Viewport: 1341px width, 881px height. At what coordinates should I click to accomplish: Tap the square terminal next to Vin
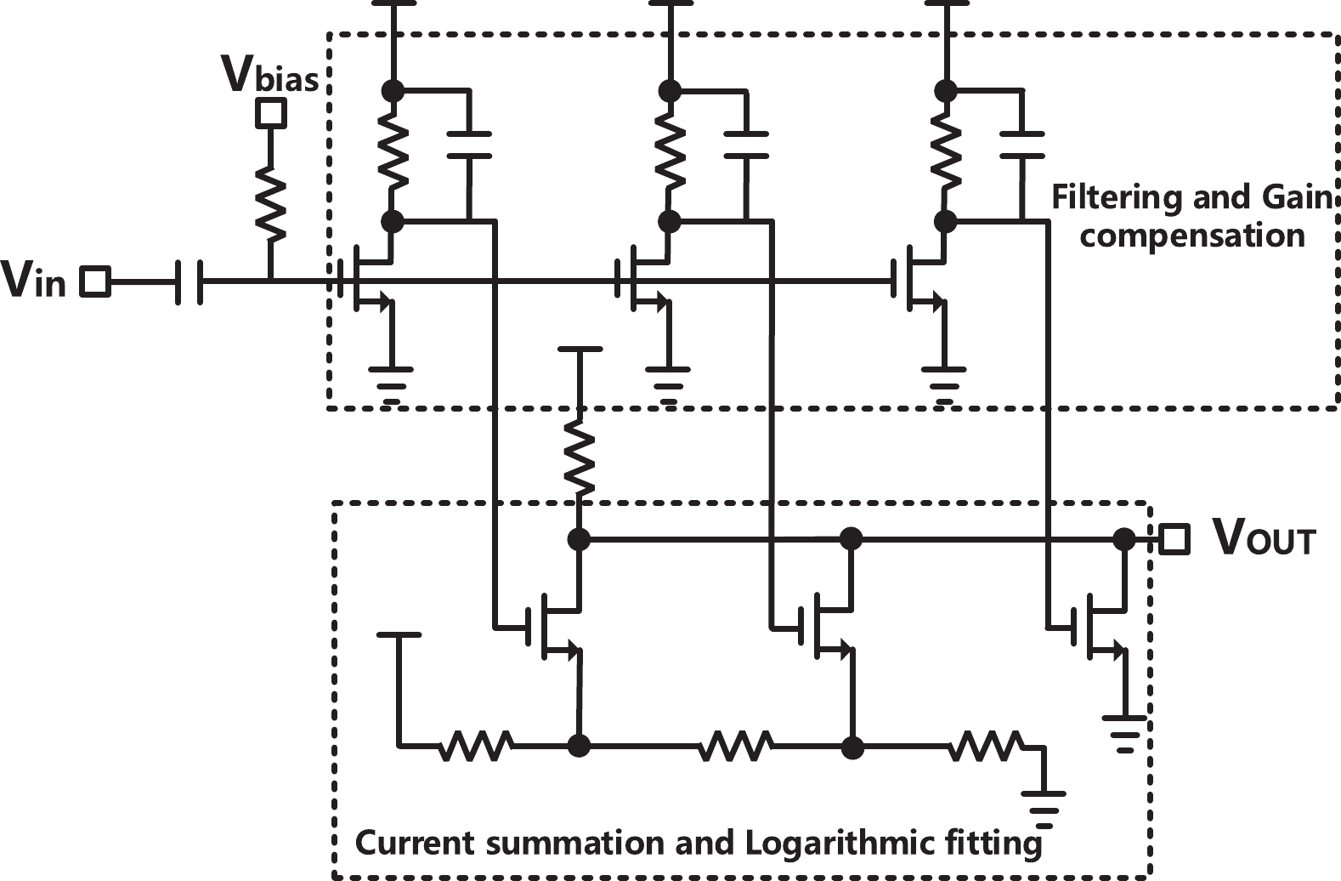[95, 281]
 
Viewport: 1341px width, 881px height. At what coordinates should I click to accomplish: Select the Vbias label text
[269, 75]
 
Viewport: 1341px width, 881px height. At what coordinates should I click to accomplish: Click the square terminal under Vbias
[271, 112]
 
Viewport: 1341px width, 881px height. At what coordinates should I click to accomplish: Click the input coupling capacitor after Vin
[189, 281]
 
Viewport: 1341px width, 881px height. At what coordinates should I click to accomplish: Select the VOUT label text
[1263, 538]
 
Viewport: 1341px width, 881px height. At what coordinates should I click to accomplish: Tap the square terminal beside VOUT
[1174, 538]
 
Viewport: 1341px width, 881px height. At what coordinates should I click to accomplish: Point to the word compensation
[1191, 236]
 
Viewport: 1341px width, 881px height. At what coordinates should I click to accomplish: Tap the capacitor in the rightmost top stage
[1021, 145]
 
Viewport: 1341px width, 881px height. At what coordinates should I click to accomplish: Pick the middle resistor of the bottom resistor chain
[735, 747]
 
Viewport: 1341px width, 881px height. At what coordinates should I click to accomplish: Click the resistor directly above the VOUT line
[579, 460]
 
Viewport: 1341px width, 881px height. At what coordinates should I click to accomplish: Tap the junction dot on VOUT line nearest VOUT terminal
[1123, 538]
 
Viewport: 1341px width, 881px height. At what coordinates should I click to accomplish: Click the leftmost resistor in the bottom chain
[475, 747]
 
